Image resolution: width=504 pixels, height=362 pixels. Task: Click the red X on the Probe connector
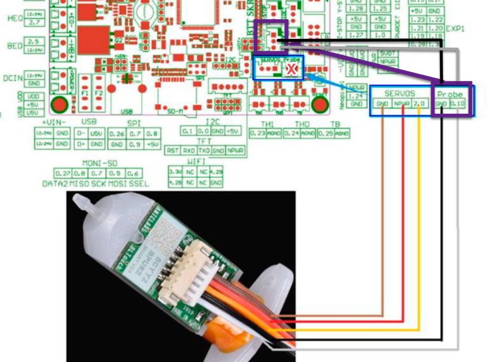(291, 69)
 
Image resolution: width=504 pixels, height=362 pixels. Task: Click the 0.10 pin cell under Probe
(457, 103)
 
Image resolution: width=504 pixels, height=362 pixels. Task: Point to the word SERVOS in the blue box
(400, 93)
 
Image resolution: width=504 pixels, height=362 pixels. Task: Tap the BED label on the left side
(15, 46)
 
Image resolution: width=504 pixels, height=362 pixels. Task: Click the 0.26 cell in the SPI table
(119, 133)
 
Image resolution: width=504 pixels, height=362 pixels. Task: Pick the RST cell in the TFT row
(172, 150)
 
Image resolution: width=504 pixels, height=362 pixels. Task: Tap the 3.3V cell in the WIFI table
(175, 172)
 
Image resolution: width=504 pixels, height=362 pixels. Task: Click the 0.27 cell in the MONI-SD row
(63, 173)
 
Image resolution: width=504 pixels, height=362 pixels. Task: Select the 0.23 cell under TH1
(257, 133)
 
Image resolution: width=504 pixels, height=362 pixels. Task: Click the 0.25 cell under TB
(326, 133)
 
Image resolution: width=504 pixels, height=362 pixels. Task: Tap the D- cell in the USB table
(82, 133)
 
